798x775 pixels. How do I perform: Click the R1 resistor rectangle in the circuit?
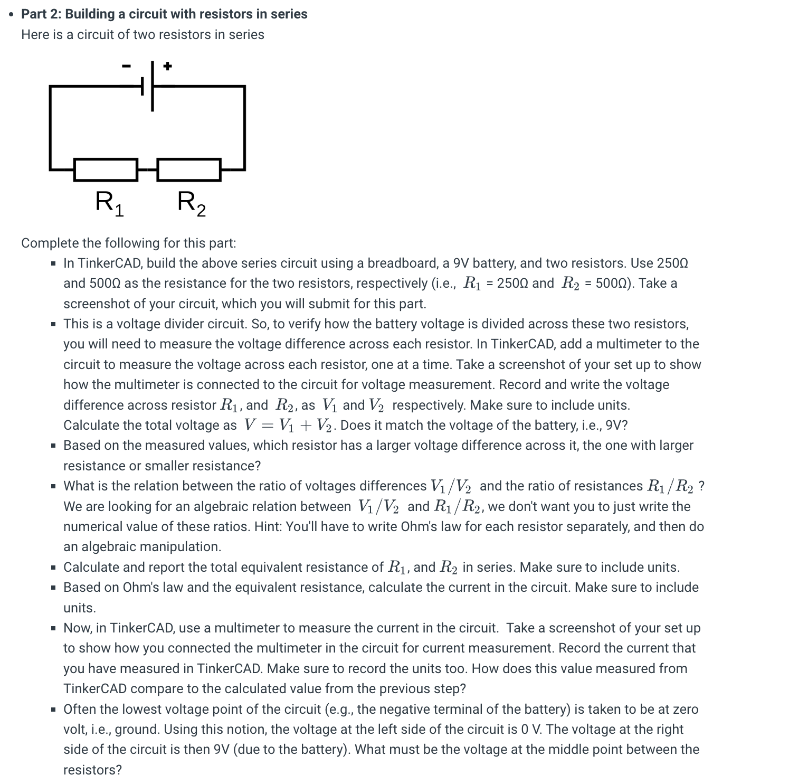[x=106, y=169]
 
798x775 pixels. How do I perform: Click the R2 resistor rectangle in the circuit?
[x=189, y=169]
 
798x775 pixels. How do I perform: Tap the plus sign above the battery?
[x=167, y=66]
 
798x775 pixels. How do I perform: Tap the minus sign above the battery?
[x=126, y=66]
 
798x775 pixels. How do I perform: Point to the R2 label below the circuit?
[x=192, y=203]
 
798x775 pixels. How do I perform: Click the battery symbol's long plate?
[x=153, y=86]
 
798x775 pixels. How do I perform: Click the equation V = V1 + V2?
[x=290, y=426]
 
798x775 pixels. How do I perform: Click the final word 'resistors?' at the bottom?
[x=92, y=770]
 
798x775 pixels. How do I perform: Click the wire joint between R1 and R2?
[x=147, y=169]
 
